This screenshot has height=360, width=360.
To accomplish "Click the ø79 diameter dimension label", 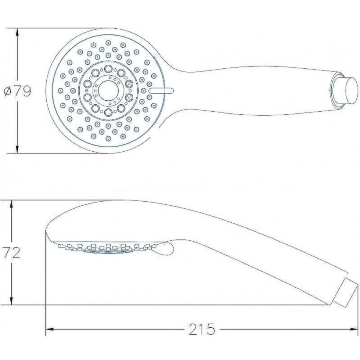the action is [x=18, y=91].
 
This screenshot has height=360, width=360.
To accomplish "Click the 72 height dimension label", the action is [x=11, y=253].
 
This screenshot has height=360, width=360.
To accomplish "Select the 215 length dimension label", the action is [x=202, y=329].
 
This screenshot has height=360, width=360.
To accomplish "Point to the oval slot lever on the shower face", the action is [x=162, y=90].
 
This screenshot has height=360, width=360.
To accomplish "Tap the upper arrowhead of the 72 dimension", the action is [x=12, y=204].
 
